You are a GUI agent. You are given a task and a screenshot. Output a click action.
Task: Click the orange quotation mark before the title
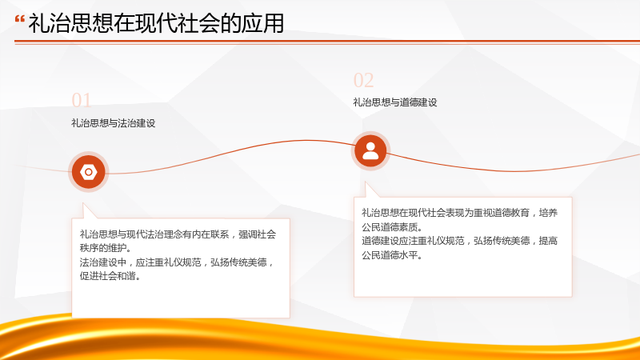(19, 18)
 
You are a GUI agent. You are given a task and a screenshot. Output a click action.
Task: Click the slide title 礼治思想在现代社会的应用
(156, 23)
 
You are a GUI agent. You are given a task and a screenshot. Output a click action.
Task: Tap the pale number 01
(81, 101)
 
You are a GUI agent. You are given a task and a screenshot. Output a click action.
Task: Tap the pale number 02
(363, 81)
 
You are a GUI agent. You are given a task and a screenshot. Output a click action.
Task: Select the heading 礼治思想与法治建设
(113, 123)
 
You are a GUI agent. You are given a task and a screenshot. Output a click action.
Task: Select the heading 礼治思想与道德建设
(394, 102)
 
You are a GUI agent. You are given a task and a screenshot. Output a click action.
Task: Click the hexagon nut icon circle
(88, 172)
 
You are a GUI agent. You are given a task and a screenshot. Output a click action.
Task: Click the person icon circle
(370, 151)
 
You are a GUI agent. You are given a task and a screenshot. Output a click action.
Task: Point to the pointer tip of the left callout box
(83, 203)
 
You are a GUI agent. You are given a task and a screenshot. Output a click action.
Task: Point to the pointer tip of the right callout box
(366, 182)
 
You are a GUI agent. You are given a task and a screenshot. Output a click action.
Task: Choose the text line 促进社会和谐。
(110, 276)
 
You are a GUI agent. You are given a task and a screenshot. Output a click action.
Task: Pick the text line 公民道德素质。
(392, 227)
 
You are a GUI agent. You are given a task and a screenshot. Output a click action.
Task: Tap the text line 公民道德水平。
(392, 255)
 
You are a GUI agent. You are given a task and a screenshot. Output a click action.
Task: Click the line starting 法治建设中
(177, 262)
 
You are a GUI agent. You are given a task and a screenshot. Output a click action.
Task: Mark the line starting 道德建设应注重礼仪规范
(459, 241)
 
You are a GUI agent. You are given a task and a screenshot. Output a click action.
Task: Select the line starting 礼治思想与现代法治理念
(178, 234)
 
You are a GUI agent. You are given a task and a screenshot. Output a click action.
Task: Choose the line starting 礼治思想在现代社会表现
(459, 213)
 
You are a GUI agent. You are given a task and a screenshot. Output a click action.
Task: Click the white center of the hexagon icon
(88, 172)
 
